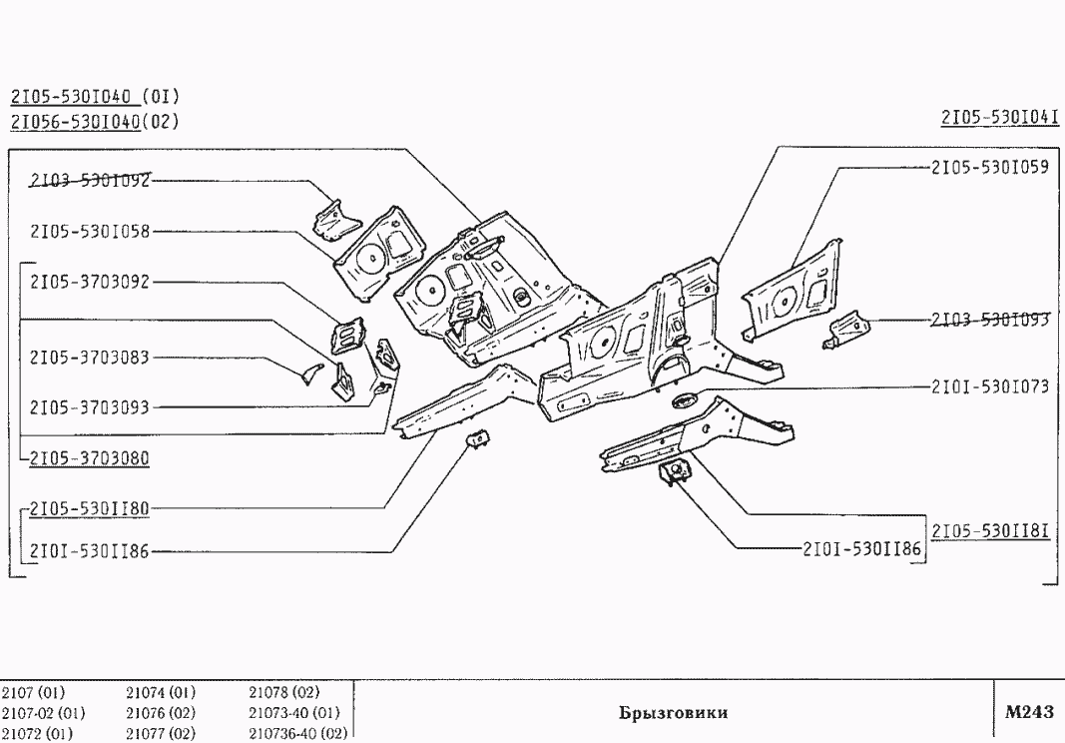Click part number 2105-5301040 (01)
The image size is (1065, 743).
pos(94,97)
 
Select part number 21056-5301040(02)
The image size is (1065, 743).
pos(94,122)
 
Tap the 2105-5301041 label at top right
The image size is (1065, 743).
pos(999,118)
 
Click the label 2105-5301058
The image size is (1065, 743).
pos(90,232)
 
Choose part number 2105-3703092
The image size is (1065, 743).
pos(90,282)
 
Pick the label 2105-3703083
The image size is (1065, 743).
pos(90,357)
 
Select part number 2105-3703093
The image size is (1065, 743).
pos(90,406)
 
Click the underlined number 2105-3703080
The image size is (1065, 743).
pos(90,457)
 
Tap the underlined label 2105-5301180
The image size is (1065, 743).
pos(90,508)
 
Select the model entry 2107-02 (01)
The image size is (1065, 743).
pos(43,713)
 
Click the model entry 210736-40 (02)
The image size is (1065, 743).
pos(295,734)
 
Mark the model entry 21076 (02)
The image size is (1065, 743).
pos(161,713)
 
